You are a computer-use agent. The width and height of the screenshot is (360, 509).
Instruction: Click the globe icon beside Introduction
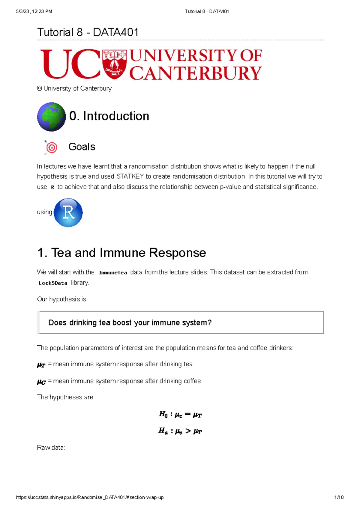(x=51, y=117)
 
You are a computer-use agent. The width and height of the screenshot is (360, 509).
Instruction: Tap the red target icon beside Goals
(x=52, y=147)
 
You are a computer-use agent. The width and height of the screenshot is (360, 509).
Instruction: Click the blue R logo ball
(x=68, y=213)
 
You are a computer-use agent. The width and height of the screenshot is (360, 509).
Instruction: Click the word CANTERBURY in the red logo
(x=195, y=74)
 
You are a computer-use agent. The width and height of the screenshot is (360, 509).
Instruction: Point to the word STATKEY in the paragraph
(x=130, y=176)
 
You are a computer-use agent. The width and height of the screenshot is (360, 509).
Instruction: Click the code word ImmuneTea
(x=113, y=273)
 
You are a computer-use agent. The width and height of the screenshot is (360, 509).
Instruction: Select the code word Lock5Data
(x=53, y=283)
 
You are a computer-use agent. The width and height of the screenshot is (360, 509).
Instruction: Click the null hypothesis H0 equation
(x=180, y=415)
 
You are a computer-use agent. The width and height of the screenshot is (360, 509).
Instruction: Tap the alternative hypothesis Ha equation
(x=180, y=431)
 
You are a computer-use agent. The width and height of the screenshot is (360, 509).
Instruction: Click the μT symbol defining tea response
(x=41, y=365)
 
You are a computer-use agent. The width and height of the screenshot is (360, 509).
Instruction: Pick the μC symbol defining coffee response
(x=41, y=382)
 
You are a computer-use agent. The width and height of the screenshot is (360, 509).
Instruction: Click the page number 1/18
(x=339, y=497)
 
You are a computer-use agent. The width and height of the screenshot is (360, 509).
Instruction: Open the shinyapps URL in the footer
(x=90, y=497)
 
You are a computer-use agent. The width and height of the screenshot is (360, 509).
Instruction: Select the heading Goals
(x=82, y=147)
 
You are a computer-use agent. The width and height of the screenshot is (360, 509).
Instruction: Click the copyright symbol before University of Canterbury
(x=39, y=88)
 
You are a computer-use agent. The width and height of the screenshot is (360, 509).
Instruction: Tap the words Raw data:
(x=51, y=448)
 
